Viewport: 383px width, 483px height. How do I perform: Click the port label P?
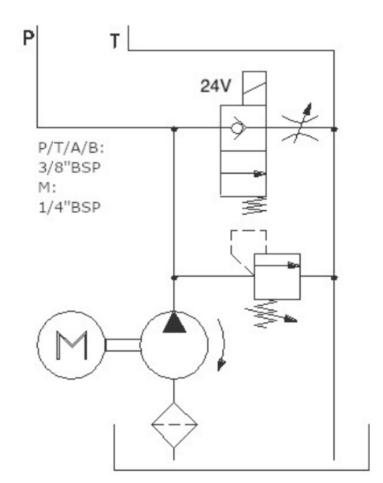click(x=28, y=38)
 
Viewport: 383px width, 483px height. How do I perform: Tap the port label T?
click(x=115, y=41)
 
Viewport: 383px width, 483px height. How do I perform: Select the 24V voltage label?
click(x=215, y=85)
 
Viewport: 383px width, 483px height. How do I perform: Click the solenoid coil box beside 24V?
click(x=254, y=88)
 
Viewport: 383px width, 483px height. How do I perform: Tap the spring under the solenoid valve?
click(x=254, y=205)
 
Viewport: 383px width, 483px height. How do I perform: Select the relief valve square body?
click(x=277, y=276)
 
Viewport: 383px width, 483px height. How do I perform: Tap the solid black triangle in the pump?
click(x=175, y=323)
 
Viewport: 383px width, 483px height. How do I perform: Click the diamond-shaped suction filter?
click(x=174, y=425)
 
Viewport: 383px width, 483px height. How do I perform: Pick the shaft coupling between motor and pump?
click(x=123, y=345)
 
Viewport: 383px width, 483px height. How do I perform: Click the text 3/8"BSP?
click(x=69, y=168)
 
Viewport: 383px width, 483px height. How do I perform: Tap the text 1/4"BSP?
click(x=69, y=208)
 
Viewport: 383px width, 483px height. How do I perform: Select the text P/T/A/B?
click(x=71, y=148)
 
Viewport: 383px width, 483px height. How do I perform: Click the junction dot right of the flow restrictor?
click(x=335, y=129)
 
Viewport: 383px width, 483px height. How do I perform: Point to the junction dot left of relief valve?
click(x=174, y=278)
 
